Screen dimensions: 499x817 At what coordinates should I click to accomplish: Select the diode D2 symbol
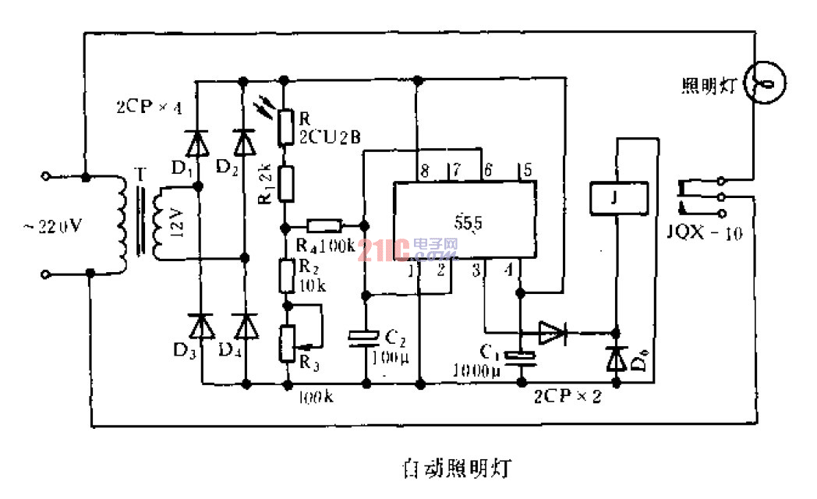(245, 143)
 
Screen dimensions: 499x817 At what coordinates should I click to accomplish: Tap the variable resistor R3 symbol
(289, 343)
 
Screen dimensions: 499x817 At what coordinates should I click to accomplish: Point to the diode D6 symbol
(617, 358)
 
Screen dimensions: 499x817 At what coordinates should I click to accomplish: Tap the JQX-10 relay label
(700, 232)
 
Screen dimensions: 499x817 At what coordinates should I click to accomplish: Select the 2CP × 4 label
(149, 108)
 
